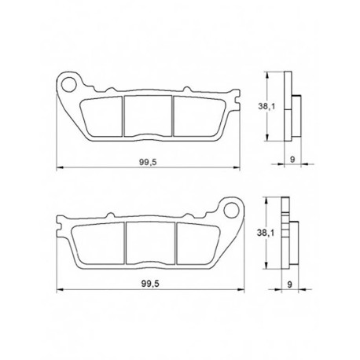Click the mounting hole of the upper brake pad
pos(68,84)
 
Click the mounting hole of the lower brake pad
pos(232,210)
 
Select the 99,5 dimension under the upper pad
pos(148,162)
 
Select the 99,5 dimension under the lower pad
pos(150,284)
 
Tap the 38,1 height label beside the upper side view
pos(266,106)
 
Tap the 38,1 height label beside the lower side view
pos(266,233)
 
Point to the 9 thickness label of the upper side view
pos(292,159)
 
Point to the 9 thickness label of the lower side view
pos(289,285)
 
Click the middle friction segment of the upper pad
pos(148,116)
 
